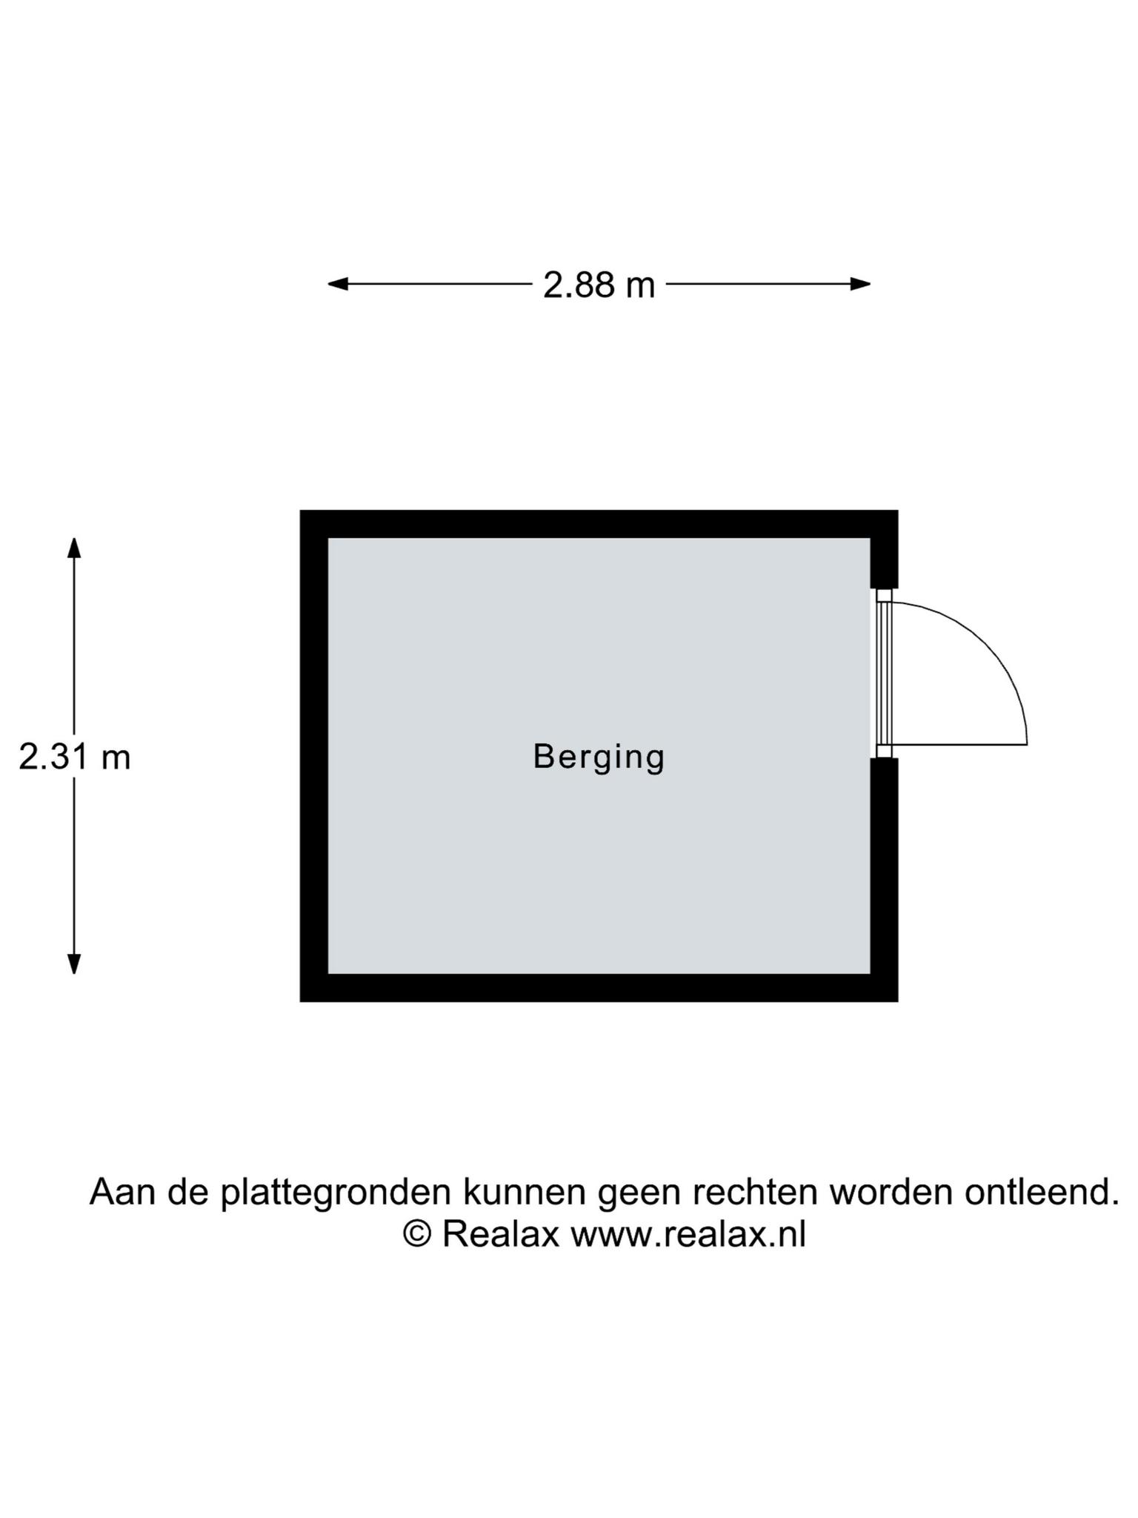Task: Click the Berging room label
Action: (599, 758)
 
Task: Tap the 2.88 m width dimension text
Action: (599, 285)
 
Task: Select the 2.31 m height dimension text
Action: (74, 758)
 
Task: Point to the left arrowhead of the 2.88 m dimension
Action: (338, 284)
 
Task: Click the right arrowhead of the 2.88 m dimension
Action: (860, 284)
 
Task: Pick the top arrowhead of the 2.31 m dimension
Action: (74, 548)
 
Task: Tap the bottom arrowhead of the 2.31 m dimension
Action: (74, 964)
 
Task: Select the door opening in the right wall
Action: (884, 673)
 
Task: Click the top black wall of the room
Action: (599, 524)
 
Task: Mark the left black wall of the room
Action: (314, 756)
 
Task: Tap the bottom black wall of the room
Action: (599, 988)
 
